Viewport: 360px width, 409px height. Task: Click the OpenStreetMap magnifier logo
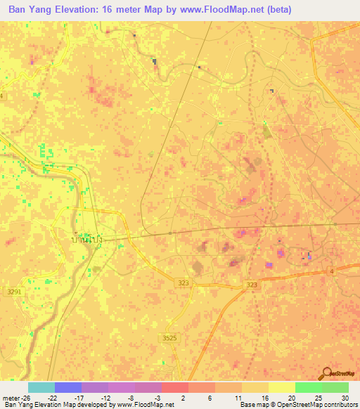tap(327, 372)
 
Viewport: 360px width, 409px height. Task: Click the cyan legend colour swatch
tap(41, 387)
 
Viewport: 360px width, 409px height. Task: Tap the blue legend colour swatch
tap(68, 387)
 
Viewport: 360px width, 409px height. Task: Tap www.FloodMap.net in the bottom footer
tap(144, 405)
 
